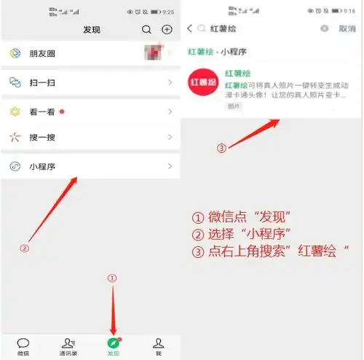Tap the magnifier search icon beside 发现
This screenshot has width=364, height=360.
coord(146,30)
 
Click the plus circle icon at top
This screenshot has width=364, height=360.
coord(167,30)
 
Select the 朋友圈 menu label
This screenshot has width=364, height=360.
coord(42,55)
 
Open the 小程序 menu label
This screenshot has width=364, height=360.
coord(42,165)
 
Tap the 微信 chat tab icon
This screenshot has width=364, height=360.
coord(23,343)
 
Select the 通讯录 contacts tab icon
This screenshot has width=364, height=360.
coord(68,343)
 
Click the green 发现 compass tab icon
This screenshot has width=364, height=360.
coord(113,343)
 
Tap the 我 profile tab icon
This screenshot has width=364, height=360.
coord(158,343)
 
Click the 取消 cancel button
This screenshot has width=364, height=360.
coord(347,28)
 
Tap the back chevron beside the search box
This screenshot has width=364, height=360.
coord(190,28)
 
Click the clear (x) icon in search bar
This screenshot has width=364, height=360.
coord(325,28)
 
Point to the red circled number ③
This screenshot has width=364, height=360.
coord(222,148)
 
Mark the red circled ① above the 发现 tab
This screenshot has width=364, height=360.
coord(112,278)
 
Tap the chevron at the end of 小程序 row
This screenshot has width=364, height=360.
coord(170,165)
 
